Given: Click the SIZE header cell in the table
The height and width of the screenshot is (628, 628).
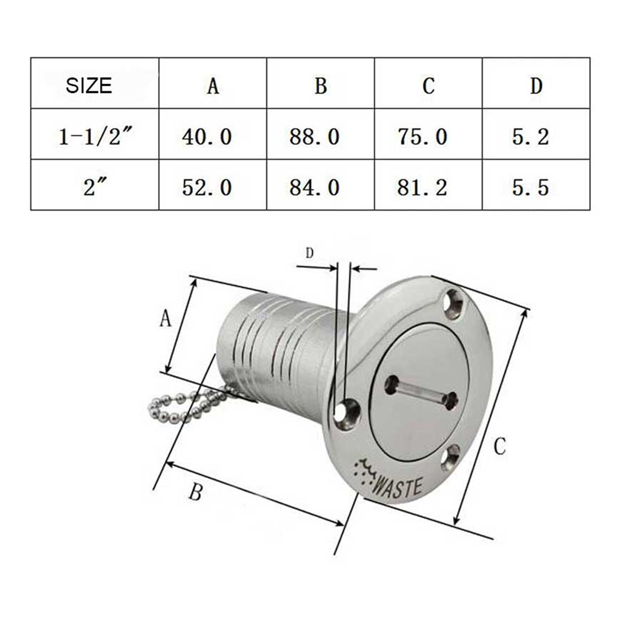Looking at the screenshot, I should (x=89, y=85).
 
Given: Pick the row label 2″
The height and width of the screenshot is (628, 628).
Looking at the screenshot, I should (x=92, y=187).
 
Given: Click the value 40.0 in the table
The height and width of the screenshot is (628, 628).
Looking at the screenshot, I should (x=207, y=137).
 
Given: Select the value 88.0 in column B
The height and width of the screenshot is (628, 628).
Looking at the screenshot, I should (x=315, y=137).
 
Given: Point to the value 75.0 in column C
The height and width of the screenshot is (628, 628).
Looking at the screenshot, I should (x=422, y=137).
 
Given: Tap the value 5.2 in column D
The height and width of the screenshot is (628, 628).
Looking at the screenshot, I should (x=530, y=137).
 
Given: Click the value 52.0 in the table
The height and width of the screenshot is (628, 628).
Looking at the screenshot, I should (x=207, y=187).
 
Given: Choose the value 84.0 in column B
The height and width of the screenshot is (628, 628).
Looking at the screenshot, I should (x=315, y=187).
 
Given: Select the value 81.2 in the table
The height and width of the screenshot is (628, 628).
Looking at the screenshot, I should (x=422, y=187).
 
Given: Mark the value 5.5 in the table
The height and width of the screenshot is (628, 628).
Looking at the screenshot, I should (x=530, y=187).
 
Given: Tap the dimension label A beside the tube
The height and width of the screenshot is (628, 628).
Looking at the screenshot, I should (x=165, y=318).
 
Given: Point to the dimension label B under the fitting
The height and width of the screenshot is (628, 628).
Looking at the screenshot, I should (x=195, y=492).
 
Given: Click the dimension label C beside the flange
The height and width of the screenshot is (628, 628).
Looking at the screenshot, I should (x=500, y=446).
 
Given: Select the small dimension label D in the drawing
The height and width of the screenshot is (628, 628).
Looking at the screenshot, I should (x=309, y=254).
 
